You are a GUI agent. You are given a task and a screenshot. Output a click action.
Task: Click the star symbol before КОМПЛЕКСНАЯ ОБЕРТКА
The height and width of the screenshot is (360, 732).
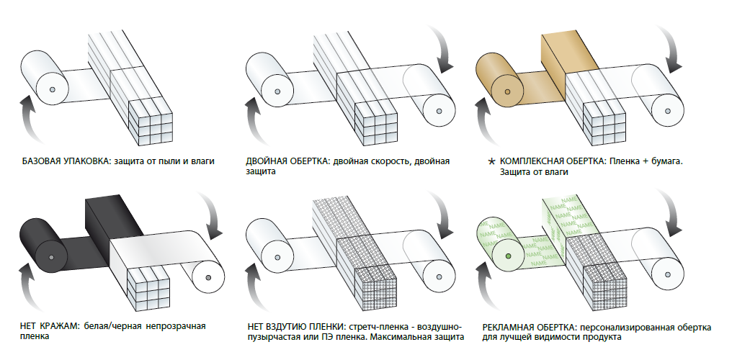(490, 162)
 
